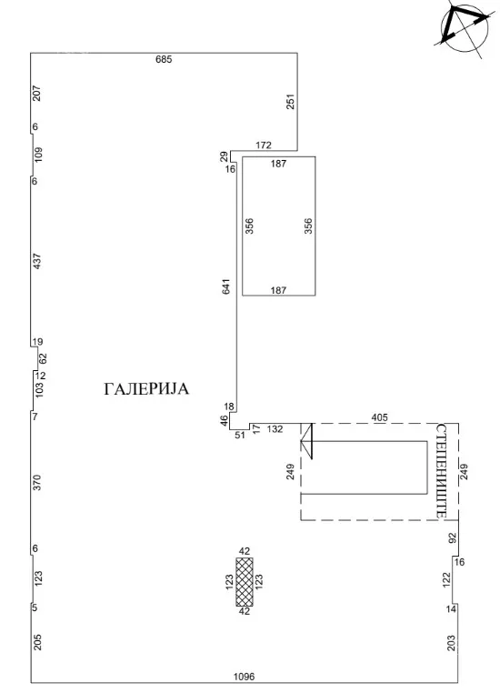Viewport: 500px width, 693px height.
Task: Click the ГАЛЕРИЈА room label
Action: pos(146,389)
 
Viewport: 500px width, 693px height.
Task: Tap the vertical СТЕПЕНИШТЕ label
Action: pos(441,471)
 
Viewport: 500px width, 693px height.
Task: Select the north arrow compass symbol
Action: pos(465,27)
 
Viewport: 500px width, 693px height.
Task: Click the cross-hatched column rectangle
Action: pos(245,582)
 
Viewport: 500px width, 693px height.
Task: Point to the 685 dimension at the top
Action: pos(164,59)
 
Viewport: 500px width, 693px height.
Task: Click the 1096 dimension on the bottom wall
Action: pos(245,677)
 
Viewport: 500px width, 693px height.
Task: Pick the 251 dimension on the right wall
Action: pos(290,101)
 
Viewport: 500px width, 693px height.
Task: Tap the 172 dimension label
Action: pos(264,145)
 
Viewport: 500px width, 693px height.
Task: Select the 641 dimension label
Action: pos(226,286)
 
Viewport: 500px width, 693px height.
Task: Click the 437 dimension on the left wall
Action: pos(37,261)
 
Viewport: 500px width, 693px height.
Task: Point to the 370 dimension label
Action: pos(37,482)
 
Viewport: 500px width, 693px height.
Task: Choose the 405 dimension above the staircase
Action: pos(379,417)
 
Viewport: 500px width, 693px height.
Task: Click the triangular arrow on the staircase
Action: pos(306,441)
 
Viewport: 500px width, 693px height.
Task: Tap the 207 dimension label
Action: pos(37,94)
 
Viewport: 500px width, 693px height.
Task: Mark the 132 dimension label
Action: pos(275,428)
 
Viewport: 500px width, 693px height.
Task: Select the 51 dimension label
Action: pos(240,435)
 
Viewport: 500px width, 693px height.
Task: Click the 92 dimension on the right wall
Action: pos(452,537)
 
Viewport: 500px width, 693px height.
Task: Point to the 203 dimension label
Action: pos(451,643)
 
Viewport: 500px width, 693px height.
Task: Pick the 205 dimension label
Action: pos(37,642)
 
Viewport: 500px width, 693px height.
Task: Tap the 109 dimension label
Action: pos(38,155)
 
